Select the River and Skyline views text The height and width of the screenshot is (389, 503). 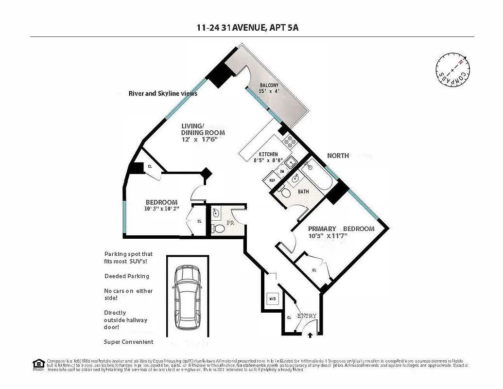coord(163,93)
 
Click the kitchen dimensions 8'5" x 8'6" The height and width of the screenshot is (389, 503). coord(268,159)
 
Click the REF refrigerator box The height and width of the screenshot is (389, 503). coord(272,180)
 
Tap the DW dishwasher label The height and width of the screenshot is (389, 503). coord(282,171)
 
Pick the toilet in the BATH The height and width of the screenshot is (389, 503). coord(286,193)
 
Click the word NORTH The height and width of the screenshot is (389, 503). coord(338,156)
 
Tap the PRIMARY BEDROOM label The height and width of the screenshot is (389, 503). coord(341,229)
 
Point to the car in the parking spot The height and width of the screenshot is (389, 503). coord(188,297)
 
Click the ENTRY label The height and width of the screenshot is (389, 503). coord(307,316)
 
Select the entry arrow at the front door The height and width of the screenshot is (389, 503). coord(311,334)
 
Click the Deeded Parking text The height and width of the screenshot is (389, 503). coord(127,276)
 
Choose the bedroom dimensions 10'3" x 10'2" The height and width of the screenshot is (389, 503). coord(161,210)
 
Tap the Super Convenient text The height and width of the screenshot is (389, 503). coord(129,342)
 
